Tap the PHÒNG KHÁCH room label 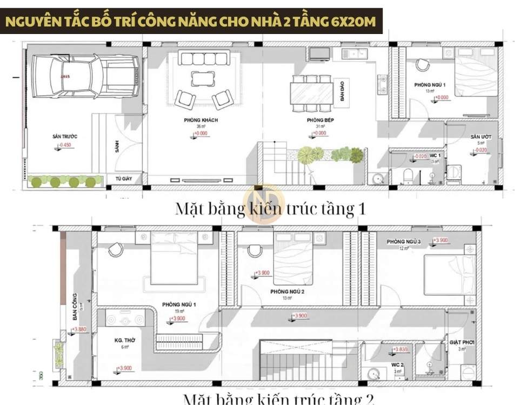[x=201, y=120]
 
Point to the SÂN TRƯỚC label [x=65, y=137]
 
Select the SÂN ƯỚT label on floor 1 [x=479, y=137]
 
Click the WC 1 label [x=436, y=156]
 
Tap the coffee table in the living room [x=202, y=79]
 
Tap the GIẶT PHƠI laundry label [x=461, y=342]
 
